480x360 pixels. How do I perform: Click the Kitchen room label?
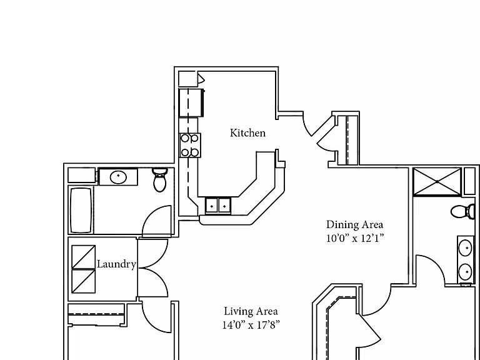click(x=247, y=133)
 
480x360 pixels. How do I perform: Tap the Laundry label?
click(x=116, y=264)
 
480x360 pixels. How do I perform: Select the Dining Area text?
click(x=354, y=224)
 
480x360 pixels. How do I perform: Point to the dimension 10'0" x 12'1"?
click(x=354, y=238)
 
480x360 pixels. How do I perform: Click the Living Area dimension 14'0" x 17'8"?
click(x=251, y=324)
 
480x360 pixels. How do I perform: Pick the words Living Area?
click(x=251, y=311)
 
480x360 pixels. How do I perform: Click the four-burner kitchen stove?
click(x=190, y=145)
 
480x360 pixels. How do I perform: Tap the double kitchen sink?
click(x=218, y=205)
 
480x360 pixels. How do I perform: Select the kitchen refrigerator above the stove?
click(x=191, y=102)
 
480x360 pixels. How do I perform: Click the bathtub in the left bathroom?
click(x=81, y=210)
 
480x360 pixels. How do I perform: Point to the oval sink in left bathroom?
click(x=119, y=177)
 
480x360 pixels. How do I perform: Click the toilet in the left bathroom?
click(x=159, y=179)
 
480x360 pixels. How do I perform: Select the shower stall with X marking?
click(x=437, y=181)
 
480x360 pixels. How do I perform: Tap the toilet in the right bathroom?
click(x=463, y=211)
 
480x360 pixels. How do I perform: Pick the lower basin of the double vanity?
click(x=466, y=271)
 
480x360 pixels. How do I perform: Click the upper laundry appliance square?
click(x=84, y=257)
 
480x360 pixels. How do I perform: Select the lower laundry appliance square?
click(x=84, y=281)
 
